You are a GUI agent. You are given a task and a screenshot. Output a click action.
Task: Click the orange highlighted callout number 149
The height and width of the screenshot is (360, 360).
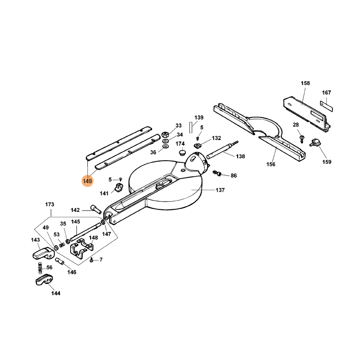tap(87, 181)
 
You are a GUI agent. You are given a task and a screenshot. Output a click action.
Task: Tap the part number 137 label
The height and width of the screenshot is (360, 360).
tap(220, 190)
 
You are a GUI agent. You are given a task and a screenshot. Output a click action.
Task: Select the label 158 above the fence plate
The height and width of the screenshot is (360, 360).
tap(306, 83)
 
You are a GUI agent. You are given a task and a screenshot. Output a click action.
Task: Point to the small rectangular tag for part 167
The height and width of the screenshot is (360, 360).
tap(326, 105)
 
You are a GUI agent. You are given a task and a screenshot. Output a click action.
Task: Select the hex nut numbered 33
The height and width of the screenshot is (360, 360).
tap(165, 134)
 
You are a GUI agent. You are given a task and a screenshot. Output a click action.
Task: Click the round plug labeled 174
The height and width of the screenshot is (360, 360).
tap(182, 153)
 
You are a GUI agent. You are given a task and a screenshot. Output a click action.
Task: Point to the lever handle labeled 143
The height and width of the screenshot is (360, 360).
tap(42, 253)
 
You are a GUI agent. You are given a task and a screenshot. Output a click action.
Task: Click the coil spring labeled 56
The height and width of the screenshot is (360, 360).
tap(40, 270)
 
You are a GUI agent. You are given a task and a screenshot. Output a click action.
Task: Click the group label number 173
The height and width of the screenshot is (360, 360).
tap(49, 205)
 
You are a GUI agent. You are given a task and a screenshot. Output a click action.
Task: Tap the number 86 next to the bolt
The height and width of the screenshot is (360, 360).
tap(233, 175)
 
